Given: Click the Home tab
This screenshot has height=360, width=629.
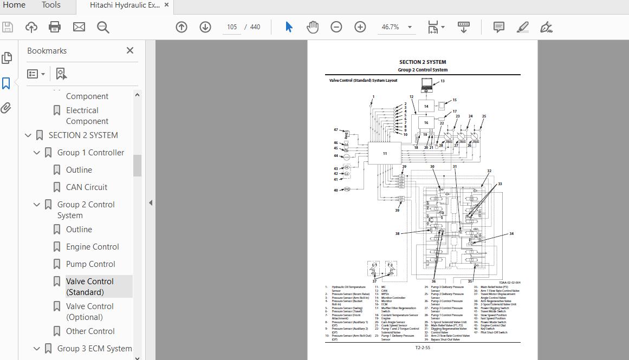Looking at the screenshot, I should (x=14, y=5).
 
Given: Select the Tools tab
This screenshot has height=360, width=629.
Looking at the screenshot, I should (x=51, y=5).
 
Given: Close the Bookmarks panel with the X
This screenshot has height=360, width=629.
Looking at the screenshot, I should (x=129, y=50).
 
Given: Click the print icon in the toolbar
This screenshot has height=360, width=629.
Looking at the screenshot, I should (x=55, y=27).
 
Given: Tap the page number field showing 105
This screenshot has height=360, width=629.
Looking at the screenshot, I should (x=232, y=27).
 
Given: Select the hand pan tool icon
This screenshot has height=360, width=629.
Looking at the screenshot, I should (x=313, y=27).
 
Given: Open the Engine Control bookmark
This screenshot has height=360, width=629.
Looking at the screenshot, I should (x=92, y=247).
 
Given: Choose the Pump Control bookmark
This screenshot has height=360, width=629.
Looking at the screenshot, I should (x=90, y=264).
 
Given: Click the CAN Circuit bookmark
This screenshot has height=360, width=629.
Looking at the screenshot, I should (x=87, y=187).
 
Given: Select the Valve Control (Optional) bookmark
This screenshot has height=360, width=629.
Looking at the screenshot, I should (x=90, y=312).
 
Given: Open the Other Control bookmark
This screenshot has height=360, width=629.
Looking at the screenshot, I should (x=90, y=331).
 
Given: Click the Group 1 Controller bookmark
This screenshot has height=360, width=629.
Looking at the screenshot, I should (x=90, y=153).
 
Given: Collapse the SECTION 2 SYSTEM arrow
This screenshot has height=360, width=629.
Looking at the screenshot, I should (x=28, y=135).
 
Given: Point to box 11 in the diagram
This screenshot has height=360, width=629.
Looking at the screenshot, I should (x=385, y=153).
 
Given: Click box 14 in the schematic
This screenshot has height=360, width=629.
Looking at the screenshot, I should (x=426, y=106).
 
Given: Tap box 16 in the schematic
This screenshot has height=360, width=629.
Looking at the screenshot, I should (x=426, y=123).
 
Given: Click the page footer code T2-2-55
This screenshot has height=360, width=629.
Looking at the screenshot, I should (x=423, y=348).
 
